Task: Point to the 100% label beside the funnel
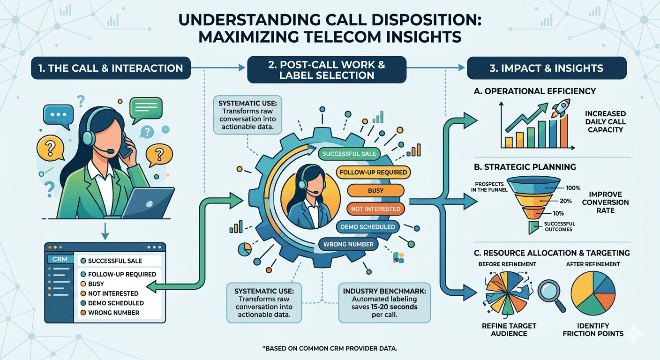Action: tap(573, 188)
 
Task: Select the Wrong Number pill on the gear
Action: tap(348, 244)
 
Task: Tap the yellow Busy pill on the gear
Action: tap(375, 191)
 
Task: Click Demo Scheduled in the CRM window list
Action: tap(116, 303)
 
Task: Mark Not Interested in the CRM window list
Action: tap(113, 293)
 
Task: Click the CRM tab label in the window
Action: tap(58, 259)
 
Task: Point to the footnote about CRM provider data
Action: tap(330, 348)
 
